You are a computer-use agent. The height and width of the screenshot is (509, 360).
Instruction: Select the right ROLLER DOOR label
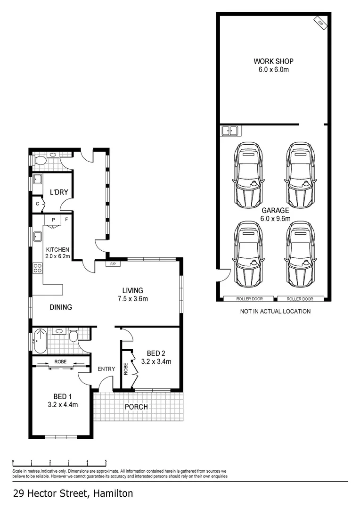click(300, 299)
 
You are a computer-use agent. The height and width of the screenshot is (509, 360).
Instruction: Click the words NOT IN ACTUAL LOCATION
click(275, 312)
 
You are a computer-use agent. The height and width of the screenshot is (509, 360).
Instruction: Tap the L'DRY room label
click(59, 192)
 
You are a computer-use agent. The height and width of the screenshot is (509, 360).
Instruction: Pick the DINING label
click(61, 307)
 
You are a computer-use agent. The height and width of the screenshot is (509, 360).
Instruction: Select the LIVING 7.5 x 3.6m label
click(132, 295)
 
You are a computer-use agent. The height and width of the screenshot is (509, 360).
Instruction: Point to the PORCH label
click(136, 407)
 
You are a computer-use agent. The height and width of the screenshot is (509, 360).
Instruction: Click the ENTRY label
click(106, 369)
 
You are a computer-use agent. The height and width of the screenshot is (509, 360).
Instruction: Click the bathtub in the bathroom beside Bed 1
click(40, 340)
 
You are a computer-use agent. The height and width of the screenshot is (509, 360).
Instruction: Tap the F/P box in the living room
click(113, 264)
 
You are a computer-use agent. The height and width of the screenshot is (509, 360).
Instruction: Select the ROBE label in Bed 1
click(60, 362)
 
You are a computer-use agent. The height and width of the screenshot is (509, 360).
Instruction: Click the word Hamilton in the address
click(113, 494)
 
